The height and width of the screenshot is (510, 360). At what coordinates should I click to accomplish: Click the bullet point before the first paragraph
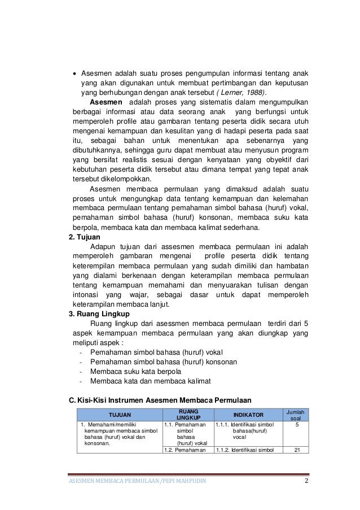[x=76, y=73]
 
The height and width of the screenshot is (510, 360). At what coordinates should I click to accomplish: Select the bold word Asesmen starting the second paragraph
[x=106, y=103]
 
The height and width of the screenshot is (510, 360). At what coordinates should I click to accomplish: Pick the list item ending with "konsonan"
[x=155, y=362]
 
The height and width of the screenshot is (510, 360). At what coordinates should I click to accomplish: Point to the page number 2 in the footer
[x=305, y=481]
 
